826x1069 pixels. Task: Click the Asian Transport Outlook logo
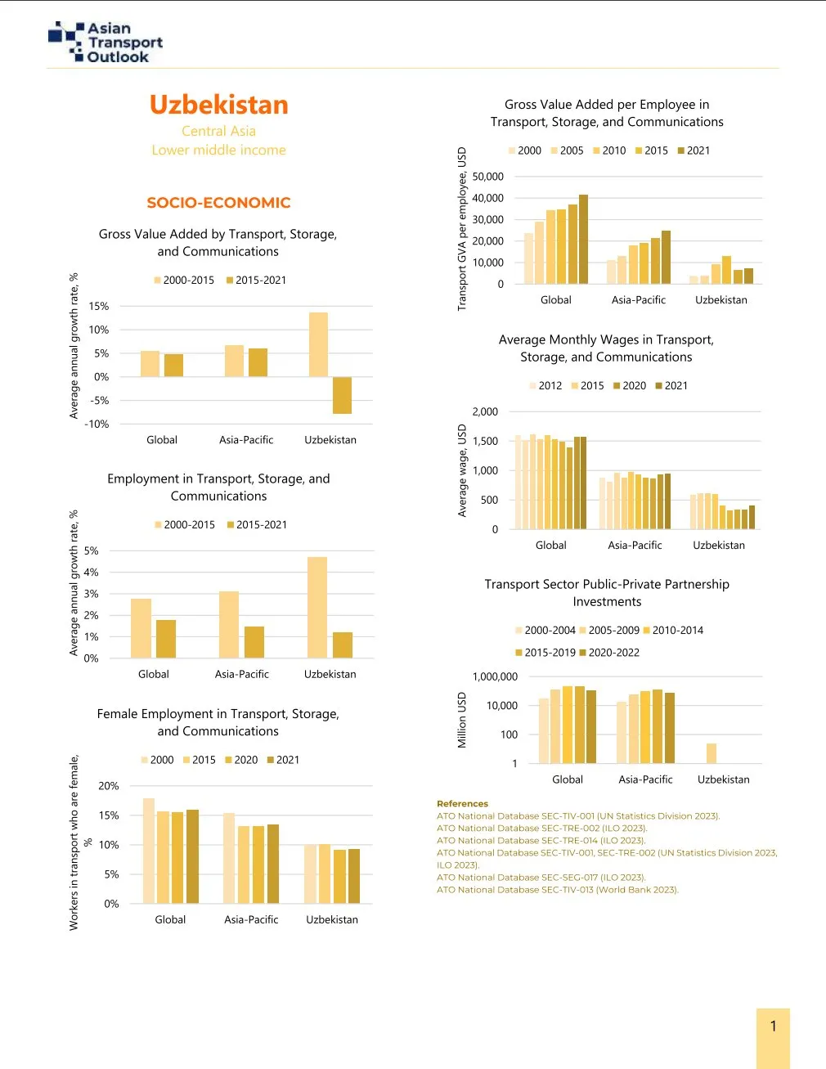click(x=105, y=43)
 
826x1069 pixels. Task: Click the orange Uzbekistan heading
click(x=218, y=105)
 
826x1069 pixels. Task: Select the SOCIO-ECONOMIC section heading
click(x=218, y=203)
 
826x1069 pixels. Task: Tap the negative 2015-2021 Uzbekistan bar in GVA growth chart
click(x=342, y=395)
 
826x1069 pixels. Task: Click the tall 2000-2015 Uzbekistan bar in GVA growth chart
click(x=318, y=344)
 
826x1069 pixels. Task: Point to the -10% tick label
click(x=97, y=424)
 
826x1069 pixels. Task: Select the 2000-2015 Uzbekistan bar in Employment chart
click(x=317, y=607)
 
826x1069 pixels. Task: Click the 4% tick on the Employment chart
click(x=91, y=573)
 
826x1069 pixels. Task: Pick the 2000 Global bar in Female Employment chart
click(x=149, y=851)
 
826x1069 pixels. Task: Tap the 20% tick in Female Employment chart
click(x=109, y=786)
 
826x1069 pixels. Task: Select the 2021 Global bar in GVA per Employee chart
click(x=583, y=239)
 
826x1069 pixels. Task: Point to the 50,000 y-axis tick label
click(x=487, y=177)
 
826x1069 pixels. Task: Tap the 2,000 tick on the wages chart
click(x=485, y=412)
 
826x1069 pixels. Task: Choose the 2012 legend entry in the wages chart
click(x=545, y=386)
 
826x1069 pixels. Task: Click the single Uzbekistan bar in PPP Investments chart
click(x=712, y=753)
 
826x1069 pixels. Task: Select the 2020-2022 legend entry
click(x=609, y=653)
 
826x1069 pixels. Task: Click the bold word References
click(x=462, y=804)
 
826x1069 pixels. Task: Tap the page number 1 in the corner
click(x=773, y=1026)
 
